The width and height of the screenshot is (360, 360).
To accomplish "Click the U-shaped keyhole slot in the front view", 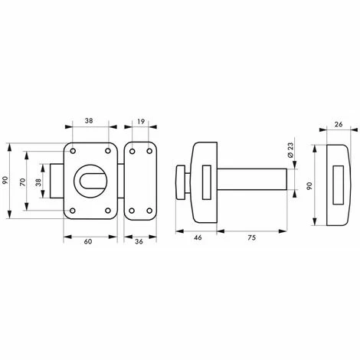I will [89, 178].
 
